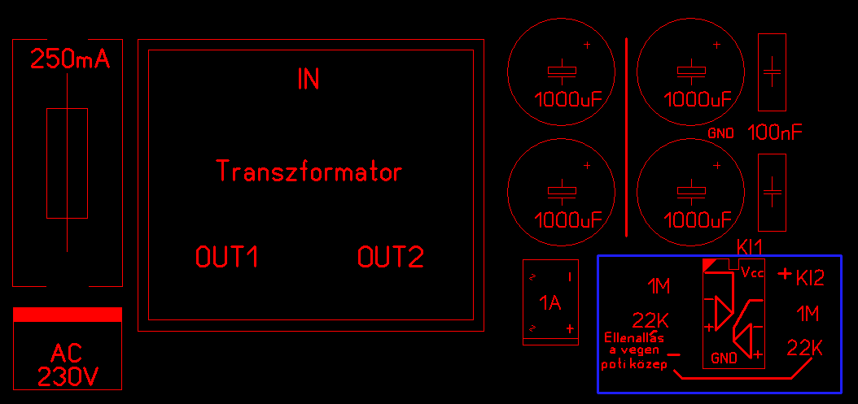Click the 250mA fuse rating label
click(69, 59)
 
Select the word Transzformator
click(309, 172)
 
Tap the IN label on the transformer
click(309, 79)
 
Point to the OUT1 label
click(228, 258)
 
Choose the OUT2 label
click(391, 258)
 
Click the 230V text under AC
click(67, 377)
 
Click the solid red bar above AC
click(68, 315)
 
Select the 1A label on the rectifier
click(551, 303)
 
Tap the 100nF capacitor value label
click(775, 132)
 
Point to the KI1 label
click(751, 246)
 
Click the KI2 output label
click(810, 279)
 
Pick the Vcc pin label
click(752, 273)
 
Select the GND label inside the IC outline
click(724, 358)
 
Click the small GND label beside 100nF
click(721, 133)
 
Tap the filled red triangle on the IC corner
click(709, 265)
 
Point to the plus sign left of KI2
click(785, 274)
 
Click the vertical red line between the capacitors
click(626, 137)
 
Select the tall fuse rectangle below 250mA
click(67, 163)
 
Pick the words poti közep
click(634, 365)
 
